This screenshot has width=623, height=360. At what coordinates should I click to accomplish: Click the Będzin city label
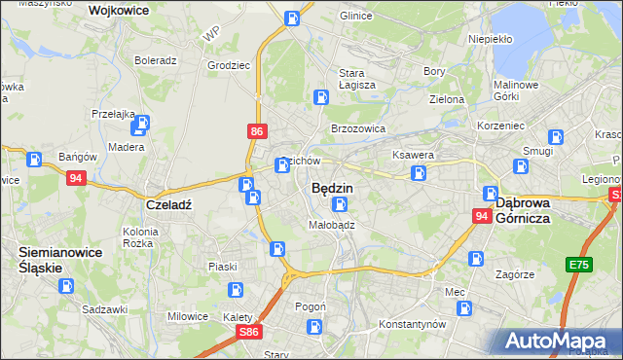[x=332, y=188]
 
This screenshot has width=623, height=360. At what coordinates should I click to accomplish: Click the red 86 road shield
[x=256, y=129]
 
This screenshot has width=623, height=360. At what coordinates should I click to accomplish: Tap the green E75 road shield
[x=580, y=265]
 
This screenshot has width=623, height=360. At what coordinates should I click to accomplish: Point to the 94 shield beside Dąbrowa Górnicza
[x=482, y=216]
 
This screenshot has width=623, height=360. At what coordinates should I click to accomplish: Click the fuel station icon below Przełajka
[x=142, y=124]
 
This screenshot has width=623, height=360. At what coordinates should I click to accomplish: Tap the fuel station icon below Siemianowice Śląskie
[x=65, y=286]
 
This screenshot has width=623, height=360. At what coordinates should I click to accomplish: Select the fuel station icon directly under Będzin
[x=339, y=204]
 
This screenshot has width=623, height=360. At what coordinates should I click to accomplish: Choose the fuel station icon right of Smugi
[x=556, y=137]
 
